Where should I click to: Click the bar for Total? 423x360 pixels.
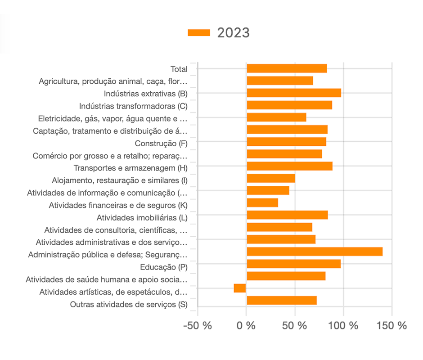click(x=287, y=68)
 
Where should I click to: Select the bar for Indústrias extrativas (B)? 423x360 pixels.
click(x=294, y=93)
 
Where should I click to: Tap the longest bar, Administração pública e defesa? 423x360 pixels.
click(x=315, y=252)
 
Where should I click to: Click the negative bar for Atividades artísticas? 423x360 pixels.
click(x=240, y=288)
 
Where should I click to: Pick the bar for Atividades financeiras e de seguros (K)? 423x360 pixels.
click(x=262, y=203)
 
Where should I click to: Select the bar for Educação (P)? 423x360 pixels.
click(x=293, y=264)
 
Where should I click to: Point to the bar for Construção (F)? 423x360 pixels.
click(x=286, y=142)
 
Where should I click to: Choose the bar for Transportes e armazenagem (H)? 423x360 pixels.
click(x=289, y=166)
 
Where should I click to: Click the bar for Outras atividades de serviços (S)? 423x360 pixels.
click(x=282, y=301)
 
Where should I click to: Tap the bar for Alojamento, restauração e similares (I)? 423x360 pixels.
click(x=271, y=178)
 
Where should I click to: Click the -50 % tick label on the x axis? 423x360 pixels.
click(x=197, y=325)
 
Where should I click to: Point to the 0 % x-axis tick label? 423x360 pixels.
click(x=246, y=325)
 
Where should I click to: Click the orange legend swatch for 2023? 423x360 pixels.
click(x=199, y=32)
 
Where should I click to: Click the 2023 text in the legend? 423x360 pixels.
click(x=233, y=32)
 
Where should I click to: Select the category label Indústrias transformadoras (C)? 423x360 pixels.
click(x=133, y=106)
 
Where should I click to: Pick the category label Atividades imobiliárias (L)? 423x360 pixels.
click(x=142, y=218)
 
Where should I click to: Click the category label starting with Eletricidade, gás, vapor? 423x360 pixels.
click(x=112, y=119)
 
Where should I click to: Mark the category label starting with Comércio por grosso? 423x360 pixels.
click(x=109, y=156)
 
